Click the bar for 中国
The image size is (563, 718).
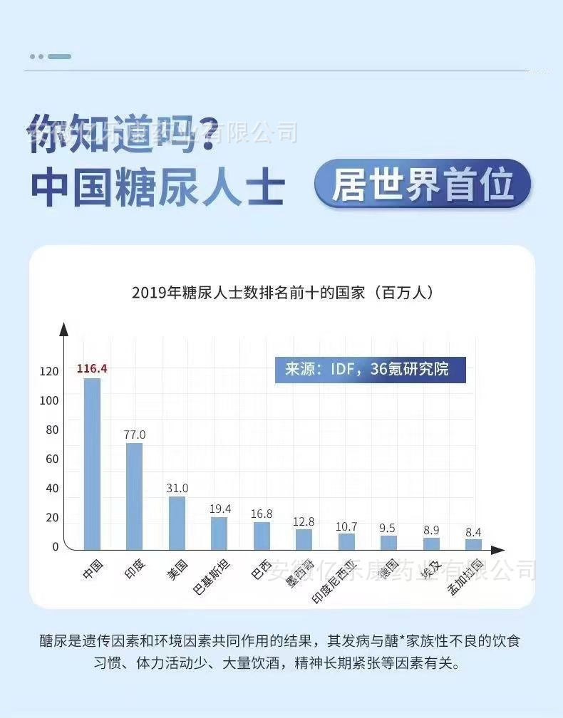(92, 463)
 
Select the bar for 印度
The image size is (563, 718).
(134, 496)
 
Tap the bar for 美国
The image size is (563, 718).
(177, 523)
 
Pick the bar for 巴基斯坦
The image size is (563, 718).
(219, 533)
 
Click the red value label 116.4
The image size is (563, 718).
(92, 368)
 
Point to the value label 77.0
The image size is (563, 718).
(134, 434)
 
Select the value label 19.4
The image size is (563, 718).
(219, 508)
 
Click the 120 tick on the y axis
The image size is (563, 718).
(48, 371)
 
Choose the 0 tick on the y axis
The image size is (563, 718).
(54, 546)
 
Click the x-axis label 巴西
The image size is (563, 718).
(261, 570)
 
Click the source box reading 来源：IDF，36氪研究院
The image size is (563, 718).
(370, 370)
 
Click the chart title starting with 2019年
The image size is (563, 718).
(282, 292)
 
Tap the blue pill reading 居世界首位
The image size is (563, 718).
(423, 184)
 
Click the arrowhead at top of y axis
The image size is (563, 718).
(63, 329)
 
